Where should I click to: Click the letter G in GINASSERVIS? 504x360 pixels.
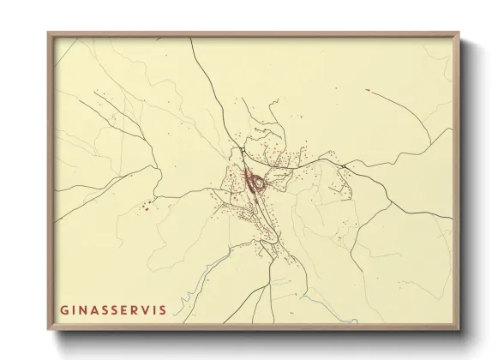(x=63, y=308)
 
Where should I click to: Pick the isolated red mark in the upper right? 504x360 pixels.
(x=367, y=89)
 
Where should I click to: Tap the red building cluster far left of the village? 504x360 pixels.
(x=147, y=205)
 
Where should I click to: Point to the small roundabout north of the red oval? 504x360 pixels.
(x=243, y=151)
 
